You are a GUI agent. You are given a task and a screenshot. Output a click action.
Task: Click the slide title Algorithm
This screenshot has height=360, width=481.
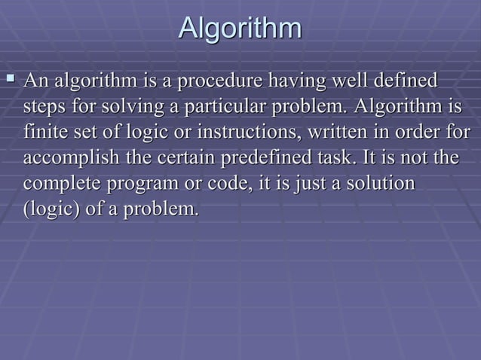click(x=240, y=29)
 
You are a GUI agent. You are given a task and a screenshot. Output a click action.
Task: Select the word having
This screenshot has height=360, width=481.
click(x=294, y=80)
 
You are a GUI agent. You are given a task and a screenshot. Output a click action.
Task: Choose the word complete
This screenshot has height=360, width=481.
click(x=60, y=185)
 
